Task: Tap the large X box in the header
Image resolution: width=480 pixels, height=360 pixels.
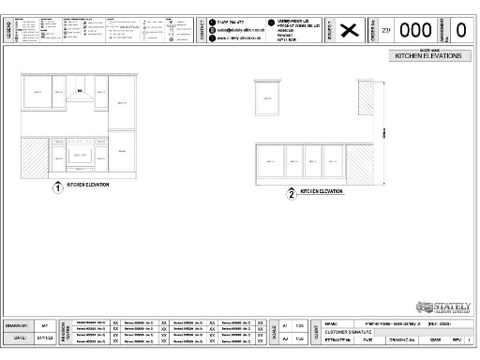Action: [350, 30]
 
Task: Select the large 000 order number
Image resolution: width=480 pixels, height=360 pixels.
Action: [415, 30]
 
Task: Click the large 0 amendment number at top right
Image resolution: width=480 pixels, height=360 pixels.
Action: [460, 30]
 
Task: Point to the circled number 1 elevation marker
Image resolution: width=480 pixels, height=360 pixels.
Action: [58, 187]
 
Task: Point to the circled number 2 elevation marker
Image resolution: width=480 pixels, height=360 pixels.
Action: [292, 194]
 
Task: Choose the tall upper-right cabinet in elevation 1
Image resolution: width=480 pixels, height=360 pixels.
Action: [123, 102]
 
